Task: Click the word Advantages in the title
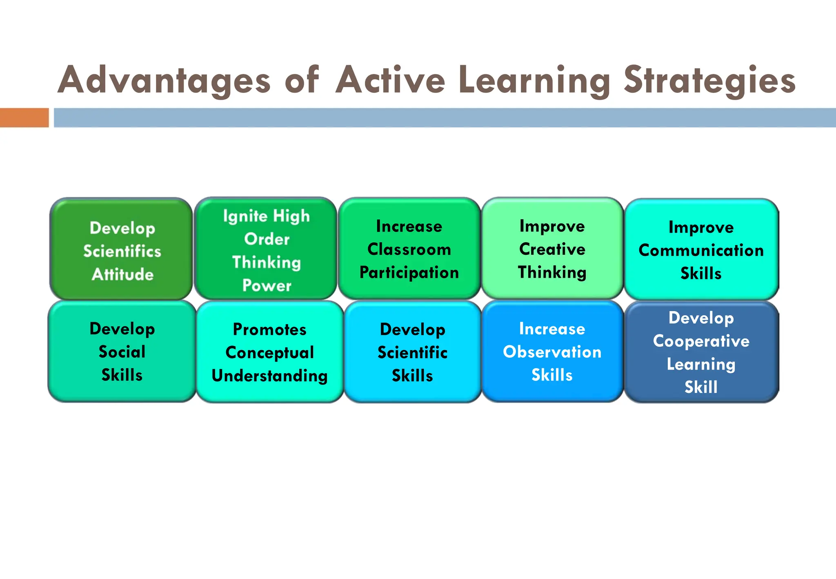(164, 80)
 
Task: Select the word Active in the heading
(390, 80)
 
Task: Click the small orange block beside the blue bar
(24, 118)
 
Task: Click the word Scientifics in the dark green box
(122, 251)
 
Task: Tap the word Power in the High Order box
(267, 285)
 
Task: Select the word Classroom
(409, 249)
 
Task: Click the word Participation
(409, 273)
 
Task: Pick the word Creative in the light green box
(552, 249)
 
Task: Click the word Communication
(701, 250)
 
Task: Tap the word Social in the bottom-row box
(122, 352)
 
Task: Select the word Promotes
(269, 329)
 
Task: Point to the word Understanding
(269, 376)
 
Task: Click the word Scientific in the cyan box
(412, 352)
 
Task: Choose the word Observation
(552, 352)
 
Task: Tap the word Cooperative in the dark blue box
(701, 341)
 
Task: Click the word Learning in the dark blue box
(701, 364)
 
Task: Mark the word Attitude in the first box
(122, 274)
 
